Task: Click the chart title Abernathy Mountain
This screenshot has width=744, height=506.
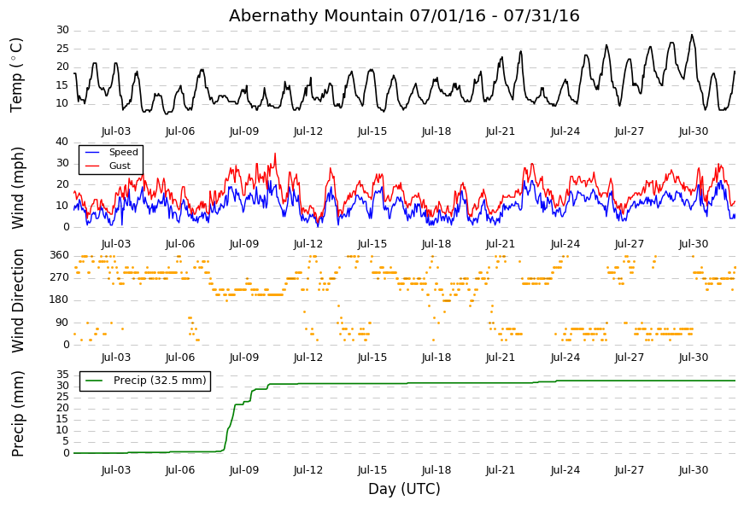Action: (316, 15)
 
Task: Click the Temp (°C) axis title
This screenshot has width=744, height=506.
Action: (16, 75)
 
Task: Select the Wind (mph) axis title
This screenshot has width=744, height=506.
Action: (17, 188)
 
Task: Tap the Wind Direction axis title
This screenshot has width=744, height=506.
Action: (17, 301)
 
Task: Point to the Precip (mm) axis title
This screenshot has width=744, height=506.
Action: (17, 414)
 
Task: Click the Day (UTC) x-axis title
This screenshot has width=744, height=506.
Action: (404, 489)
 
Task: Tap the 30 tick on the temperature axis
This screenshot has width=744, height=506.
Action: (63, 31)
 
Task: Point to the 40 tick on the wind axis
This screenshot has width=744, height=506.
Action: (63, 142)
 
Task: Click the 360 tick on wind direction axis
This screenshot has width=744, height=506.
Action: (60, 255)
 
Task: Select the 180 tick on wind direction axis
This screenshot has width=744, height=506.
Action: (60, 300)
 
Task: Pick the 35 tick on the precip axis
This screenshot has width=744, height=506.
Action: (63, 375)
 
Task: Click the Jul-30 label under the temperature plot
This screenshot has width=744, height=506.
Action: (694, 131)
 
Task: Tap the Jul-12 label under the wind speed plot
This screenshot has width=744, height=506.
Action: (308, 244)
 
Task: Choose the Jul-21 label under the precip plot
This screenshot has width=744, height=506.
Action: (500, 470)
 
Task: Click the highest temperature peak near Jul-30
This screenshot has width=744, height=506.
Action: (692, 35)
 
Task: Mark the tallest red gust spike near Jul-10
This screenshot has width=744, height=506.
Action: (275, 154)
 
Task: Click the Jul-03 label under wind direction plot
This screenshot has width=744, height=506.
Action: (116, 358)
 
